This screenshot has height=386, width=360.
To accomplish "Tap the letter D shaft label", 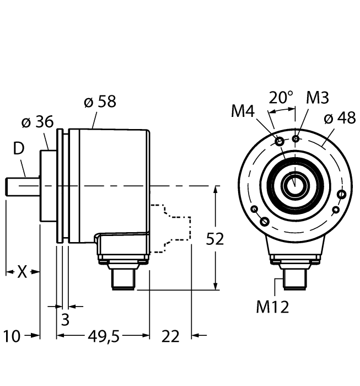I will click(19, 149).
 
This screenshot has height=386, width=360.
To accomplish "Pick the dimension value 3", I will click(65, 319).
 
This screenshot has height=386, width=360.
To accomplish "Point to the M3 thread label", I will click(318, 98).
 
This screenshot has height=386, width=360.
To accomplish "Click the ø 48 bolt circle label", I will click(339, 119).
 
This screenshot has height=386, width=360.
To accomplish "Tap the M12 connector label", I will click(272, 307).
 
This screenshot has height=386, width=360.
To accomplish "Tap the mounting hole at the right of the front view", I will click(342, 194).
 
